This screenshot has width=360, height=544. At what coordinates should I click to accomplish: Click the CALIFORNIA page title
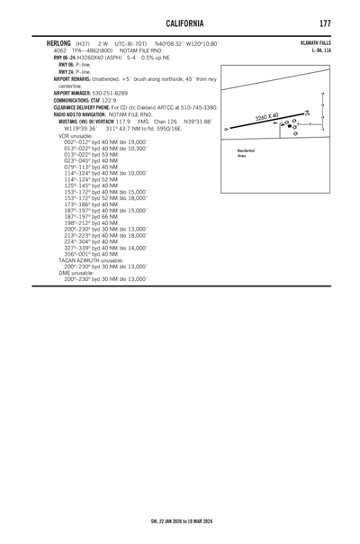(x=180, y=21)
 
